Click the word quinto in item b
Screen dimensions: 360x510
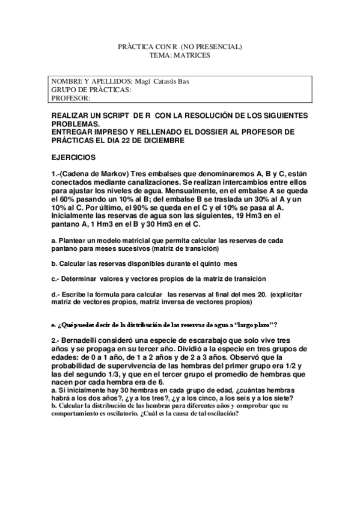213,263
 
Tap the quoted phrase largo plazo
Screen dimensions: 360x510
251,324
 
